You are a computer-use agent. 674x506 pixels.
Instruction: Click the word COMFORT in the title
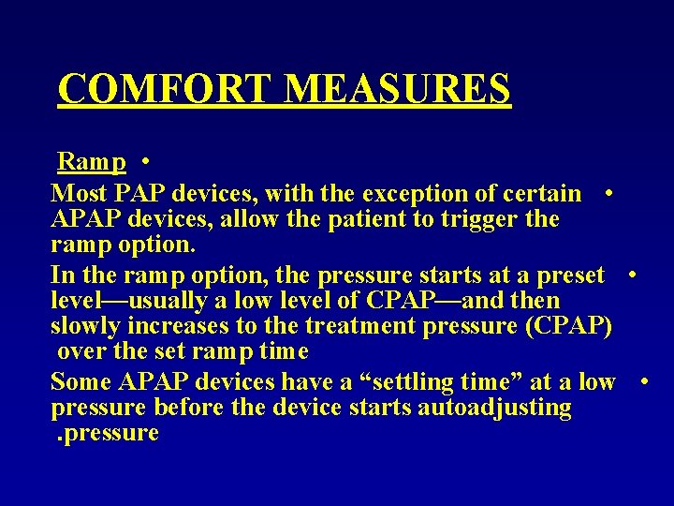166,88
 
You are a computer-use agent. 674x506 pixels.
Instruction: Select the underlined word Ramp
92,161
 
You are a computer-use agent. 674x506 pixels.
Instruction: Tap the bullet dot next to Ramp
148,162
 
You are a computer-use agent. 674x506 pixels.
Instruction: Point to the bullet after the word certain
609,194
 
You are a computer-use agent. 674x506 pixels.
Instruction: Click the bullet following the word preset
634,275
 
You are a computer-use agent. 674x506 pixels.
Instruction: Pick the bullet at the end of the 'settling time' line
644,382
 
